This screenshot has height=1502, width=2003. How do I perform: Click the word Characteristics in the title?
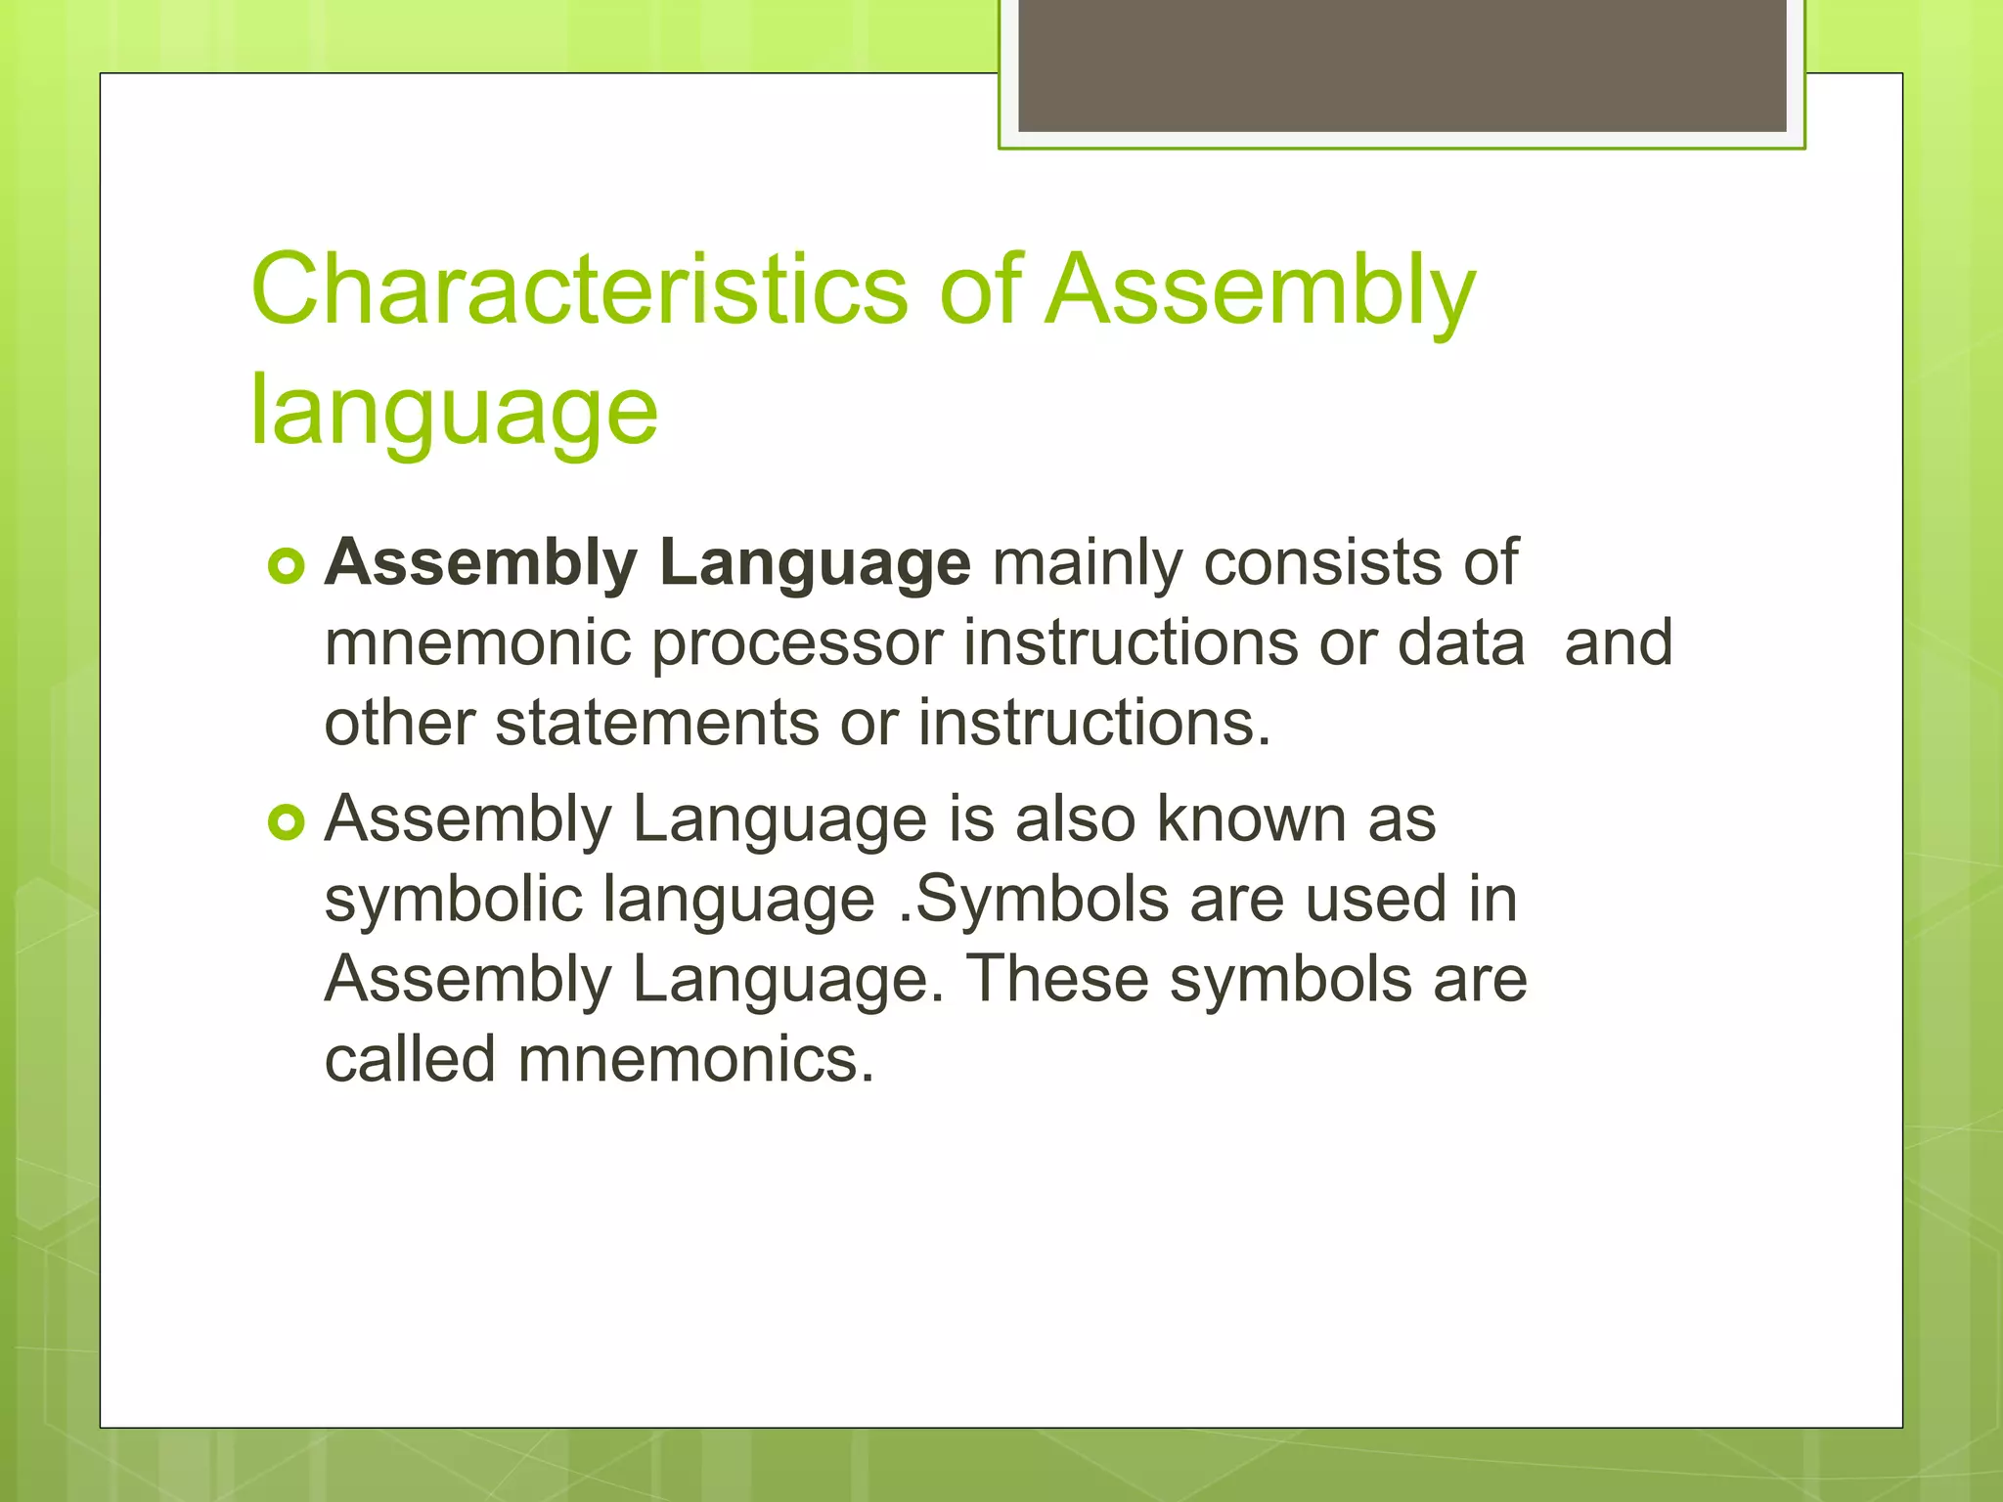click(579, 289)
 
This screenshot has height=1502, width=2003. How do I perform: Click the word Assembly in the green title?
click(1260, 289)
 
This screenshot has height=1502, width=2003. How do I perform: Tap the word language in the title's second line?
click(454, 411)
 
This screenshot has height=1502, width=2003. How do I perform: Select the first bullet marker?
click(287, 566)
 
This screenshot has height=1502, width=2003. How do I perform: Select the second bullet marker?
click(287, 822)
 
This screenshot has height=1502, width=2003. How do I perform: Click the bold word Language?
click(814, 563)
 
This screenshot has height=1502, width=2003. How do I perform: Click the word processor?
click(796, 643)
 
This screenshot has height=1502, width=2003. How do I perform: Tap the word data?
click(1460, 643)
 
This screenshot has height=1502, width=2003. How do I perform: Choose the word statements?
click(656, 724)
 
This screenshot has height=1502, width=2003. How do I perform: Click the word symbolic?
click(453, 900)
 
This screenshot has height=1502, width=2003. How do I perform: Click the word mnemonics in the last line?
click(695, 1060)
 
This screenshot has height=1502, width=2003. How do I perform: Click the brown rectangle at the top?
click(1402, 65)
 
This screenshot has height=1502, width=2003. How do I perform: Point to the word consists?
click(1321, 563)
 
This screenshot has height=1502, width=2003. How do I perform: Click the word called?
click(410, 1060)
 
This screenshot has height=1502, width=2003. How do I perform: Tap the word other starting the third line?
click(399, 724)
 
